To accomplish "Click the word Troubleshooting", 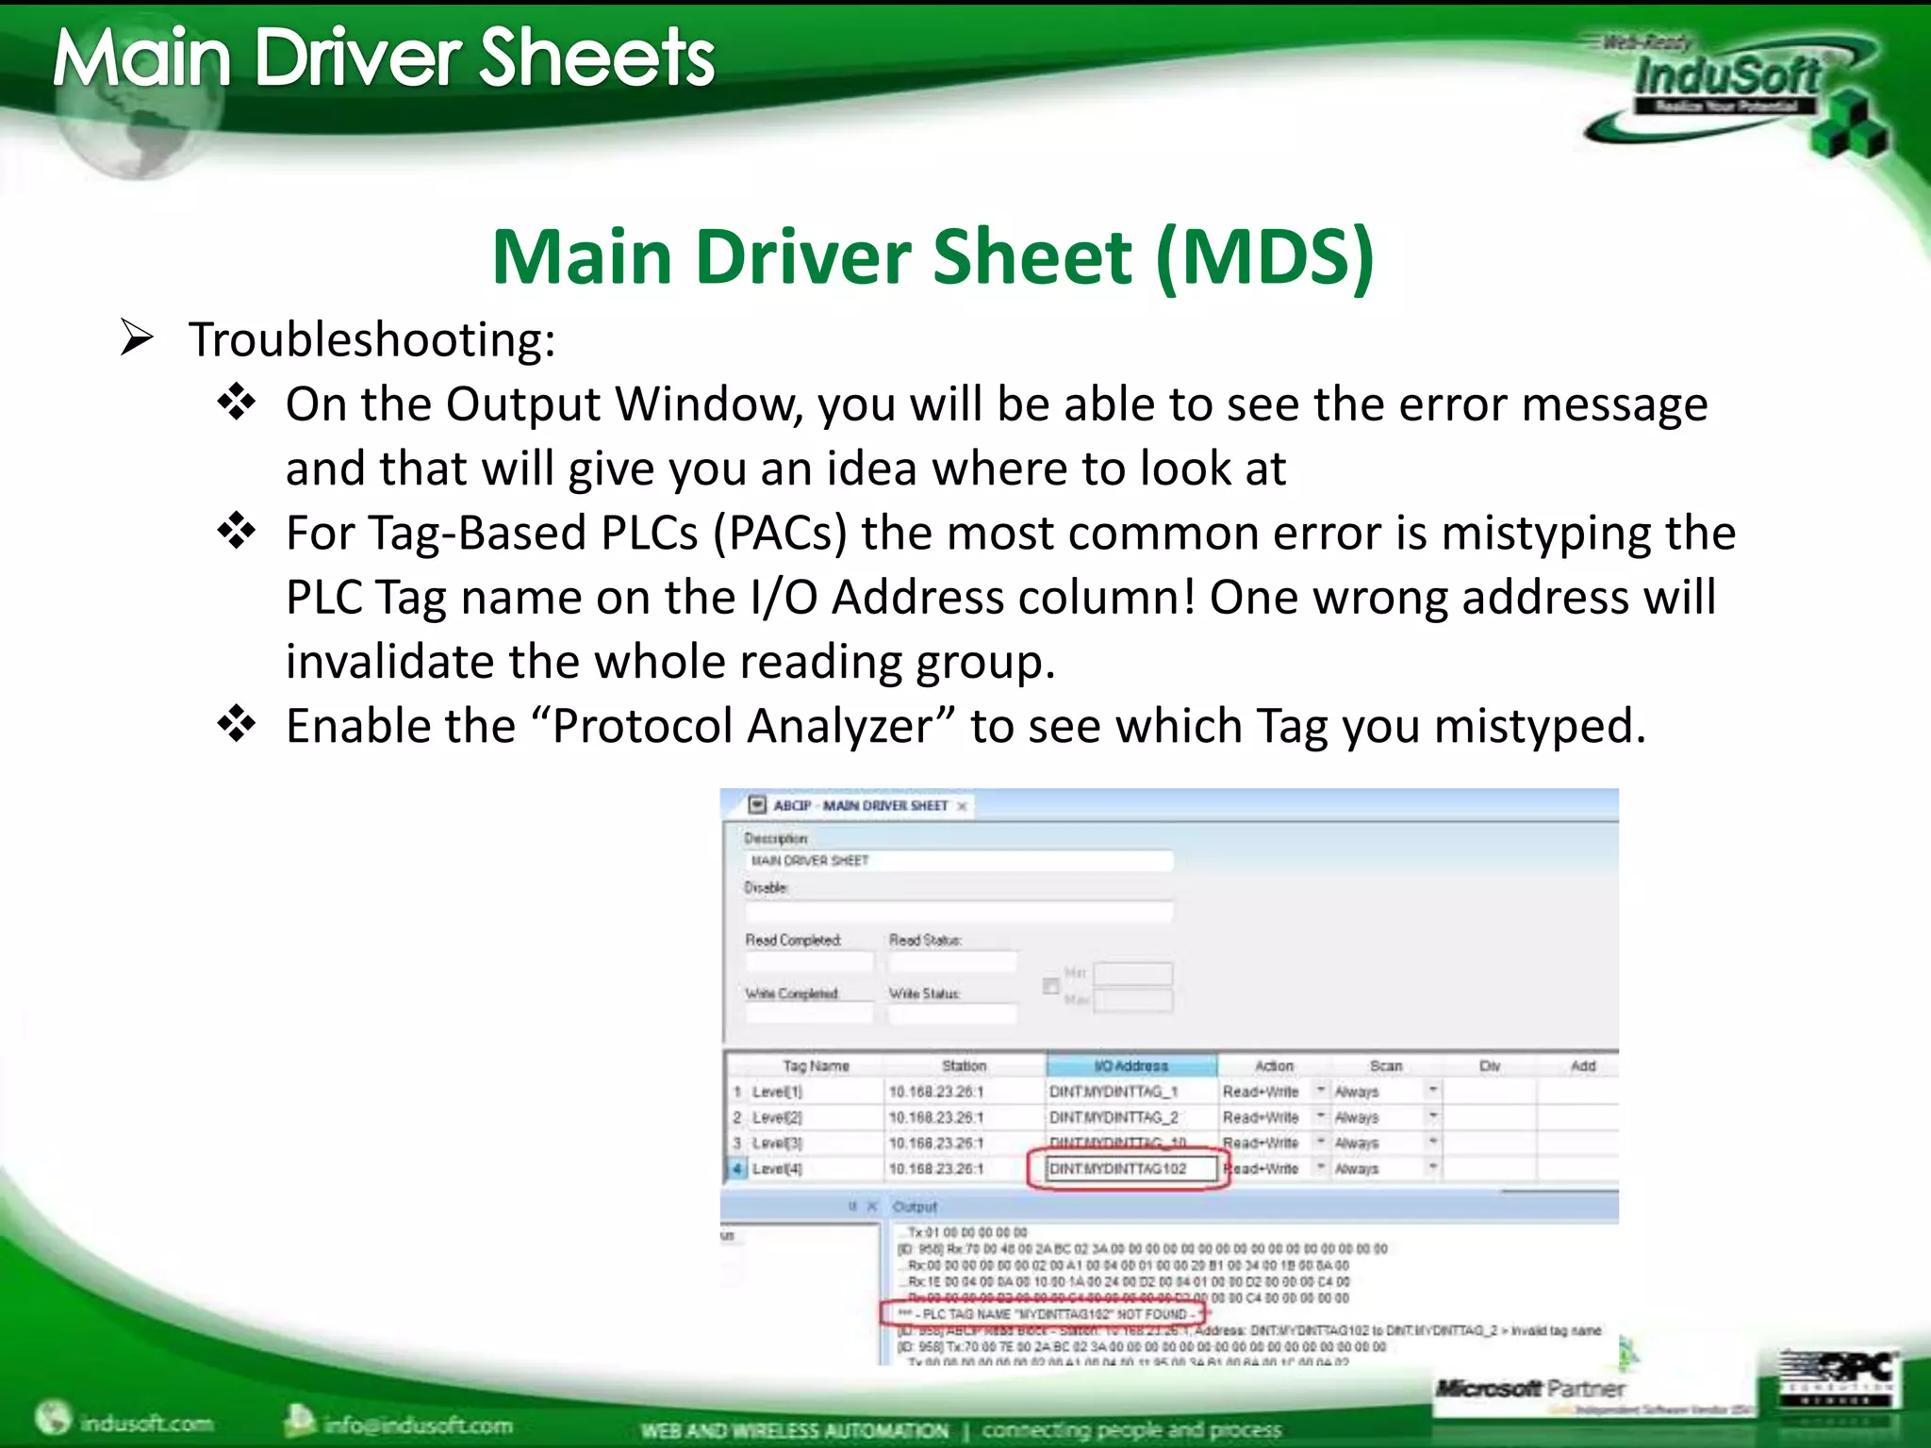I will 371,339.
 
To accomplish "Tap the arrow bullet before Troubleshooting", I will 137,337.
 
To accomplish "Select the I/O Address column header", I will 1131,1066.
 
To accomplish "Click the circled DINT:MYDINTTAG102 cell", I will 1119,1169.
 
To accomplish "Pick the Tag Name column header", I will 816,1066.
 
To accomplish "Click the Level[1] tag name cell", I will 778,1092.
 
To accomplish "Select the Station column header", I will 964,1066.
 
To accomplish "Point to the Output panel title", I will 915,1207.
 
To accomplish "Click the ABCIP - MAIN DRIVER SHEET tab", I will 859,806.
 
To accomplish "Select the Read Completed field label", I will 793,940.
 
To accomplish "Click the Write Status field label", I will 924,994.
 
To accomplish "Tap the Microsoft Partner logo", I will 1530,1389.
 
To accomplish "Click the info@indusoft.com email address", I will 417,1423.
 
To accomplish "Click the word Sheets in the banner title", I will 597,58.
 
